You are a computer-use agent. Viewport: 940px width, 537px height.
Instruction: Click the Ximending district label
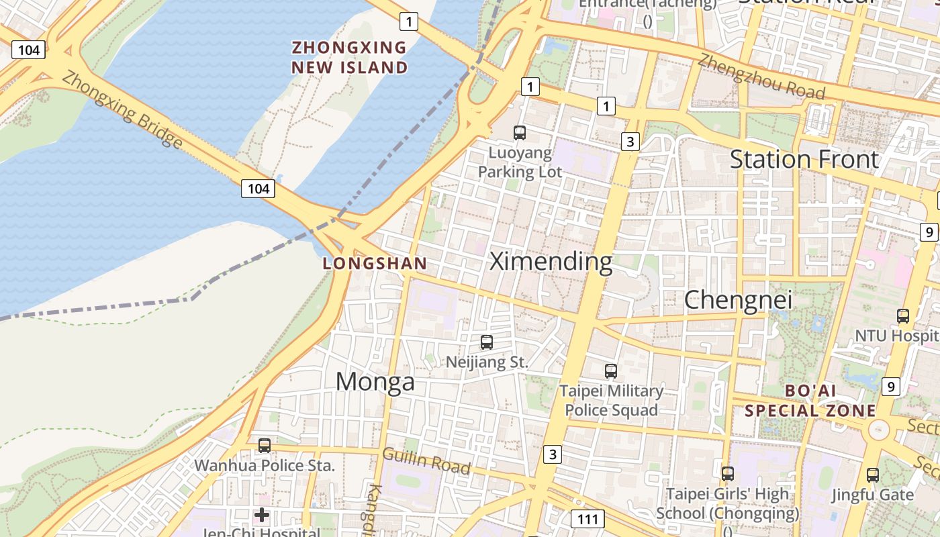tap(551, 261)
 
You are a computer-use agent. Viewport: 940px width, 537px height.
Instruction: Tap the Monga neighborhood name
tap(375, 381)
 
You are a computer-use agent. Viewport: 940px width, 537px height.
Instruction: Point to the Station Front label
tap(804, 160)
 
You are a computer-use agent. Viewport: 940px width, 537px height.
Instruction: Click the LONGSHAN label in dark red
tap(375, 264)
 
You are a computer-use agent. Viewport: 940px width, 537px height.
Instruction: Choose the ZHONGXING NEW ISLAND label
tap(349, 57)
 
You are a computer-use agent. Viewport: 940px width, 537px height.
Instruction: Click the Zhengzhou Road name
tap(761, 74)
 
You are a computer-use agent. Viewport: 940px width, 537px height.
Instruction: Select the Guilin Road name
tap(426, 461)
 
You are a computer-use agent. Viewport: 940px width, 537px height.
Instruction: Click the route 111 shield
tap(587, 518)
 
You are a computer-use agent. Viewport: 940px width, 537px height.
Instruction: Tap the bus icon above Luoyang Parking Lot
tap(520, 132)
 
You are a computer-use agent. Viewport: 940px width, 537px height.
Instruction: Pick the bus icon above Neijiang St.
tap(487, 342)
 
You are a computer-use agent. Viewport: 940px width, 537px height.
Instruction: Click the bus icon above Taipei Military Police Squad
tap(611, 371)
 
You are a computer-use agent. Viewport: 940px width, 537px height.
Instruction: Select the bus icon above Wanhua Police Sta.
tap(265, 445)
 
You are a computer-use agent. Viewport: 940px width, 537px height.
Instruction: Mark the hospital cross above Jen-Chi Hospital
tap(262, 516)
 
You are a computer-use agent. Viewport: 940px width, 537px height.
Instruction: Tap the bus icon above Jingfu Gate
tap(873, 475)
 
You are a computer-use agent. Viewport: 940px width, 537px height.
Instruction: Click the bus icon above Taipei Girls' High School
tap(728, 474)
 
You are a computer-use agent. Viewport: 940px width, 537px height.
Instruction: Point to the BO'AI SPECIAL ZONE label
tap(810, 400)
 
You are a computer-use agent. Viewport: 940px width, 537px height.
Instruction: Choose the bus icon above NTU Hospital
tap(903, 315)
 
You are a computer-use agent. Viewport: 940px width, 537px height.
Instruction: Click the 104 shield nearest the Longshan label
tap(258, 189)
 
